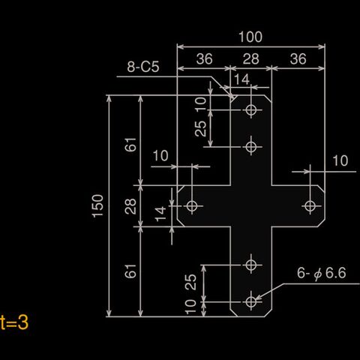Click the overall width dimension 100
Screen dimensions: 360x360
tap(250, 37)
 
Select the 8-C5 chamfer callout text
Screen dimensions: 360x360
tap(143, 67)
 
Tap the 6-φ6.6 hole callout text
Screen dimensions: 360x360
tap(322, 273)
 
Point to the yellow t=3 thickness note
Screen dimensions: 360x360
tap(14, 322)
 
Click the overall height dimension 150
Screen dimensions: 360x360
tap(97, 205)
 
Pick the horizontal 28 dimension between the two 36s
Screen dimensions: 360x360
tap(250, 59)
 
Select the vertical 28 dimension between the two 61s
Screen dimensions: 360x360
tap(130, 206)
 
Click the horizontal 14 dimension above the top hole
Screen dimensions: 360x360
tap(241, 79)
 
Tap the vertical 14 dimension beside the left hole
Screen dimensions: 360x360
tap(160, 214)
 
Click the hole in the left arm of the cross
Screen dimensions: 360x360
tap(192, 206)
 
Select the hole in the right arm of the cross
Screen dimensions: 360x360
tap(310, 206)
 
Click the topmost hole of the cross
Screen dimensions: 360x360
tap(250, 109)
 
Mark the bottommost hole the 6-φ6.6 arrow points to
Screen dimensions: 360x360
tap(250, 301)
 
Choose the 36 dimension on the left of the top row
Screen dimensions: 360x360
tap(204, 59)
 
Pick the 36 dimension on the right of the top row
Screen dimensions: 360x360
tap(298, 59)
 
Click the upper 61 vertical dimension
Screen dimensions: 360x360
tap(130, 145)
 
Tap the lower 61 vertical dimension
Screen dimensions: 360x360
tap(130, 271)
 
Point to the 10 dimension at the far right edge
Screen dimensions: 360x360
tap(340, 160)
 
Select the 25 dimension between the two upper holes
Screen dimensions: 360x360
tap(201, 128)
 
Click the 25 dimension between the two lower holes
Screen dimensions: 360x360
tap(190, 282)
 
